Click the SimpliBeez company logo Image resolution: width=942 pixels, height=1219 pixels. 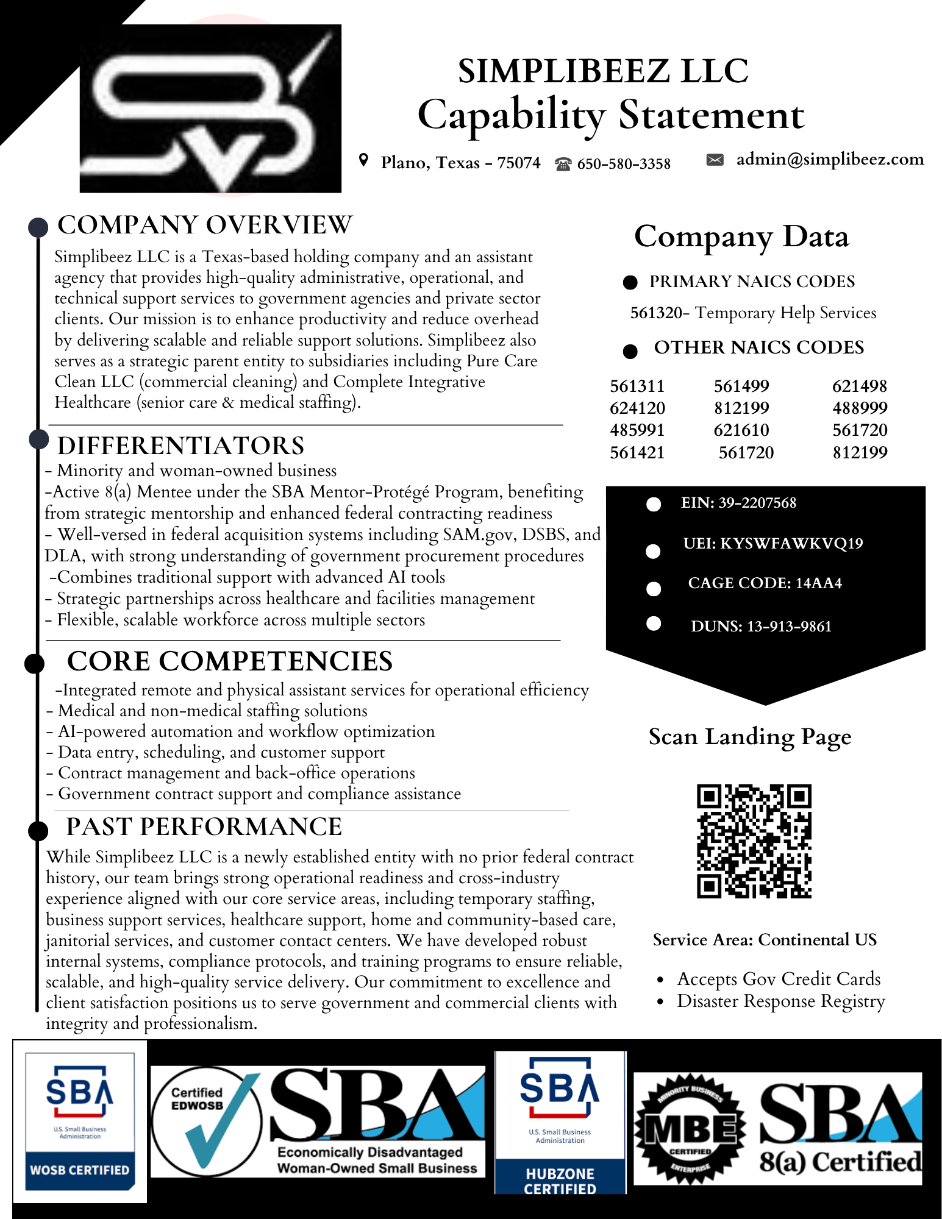(210, 108)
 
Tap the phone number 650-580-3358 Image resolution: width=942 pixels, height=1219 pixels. (624, 163)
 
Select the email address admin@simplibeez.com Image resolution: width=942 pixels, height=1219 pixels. (830, 159)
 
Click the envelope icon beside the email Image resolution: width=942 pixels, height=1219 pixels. (715, 160)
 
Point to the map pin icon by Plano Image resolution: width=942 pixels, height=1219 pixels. (364, 160)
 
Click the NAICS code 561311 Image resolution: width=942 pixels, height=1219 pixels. (637, 386)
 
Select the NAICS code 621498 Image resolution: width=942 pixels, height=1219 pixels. (860, 386)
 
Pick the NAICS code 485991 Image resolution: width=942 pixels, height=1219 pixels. (637, 430)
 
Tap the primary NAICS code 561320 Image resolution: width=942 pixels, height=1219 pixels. (656, 313)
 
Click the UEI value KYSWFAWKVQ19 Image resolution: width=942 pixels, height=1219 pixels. (791, 543)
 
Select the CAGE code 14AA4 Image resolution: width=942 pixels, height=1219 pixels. (818, 583)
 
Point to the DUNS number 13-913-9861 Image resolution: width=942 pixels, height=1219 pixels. (789, 627)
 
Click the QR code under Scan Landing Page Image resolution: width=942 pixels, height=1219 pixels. (754, 841)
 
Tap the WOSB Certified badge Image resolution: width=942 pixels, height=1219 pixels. (80, 1120)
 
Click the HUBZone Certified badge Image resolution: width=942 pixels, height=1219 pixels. (560, 1121)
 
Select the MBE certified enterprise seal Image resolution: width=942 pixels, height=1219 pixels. (690, 1129)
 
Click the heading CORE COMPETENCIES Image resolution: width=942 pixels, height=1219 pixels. (230, 661)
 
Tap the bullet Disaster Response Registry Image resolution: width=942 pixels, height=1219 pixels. (780, 1001)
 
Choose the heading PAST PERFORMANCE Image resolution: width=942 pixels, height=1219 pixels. (204, 826)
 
